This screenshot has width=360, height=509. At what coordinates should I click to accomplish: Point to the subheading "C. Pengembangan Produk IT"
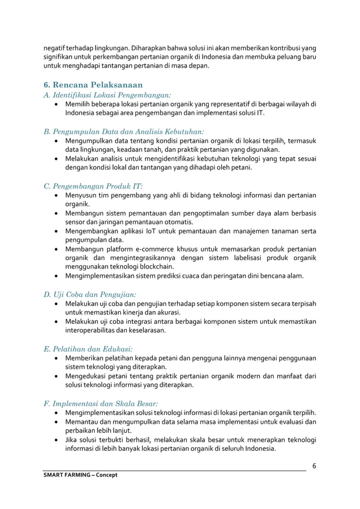pyautogui.click(x=93, y=186)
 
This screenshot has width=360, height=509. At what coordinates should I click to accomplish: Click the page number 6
pyautogui.click(x=314, y=466)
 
